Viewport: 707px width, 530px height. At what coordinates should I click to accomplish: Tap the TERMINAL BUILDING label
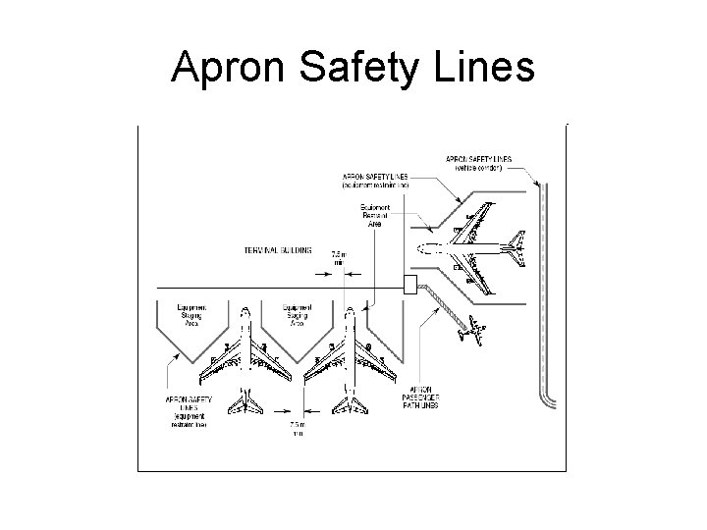pyautogui.click(x=278, y=250)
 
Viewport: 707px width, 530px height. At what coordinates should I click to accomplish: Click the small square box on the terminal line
pyautogui.click(x=410, y=286)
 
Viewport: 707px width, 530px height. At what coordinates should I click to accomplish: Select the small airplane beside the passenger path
pyautogui.click(x=470, y=333)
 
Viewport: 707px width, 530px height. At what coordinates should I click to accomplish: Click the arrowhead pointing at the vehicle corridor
pyautogui.click(x=537, y=185)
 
